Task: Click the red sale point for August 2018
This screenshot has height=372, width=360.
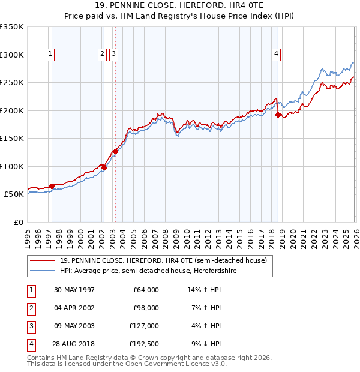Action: click(278, 115)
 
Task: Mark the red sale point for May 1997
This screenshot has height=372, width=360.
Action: click(52, 186)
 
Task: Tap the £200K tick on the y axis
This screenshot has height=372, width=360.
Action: click(12, 110)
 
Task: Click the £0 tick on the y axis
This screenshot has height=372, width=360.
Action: click(18, 222)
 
